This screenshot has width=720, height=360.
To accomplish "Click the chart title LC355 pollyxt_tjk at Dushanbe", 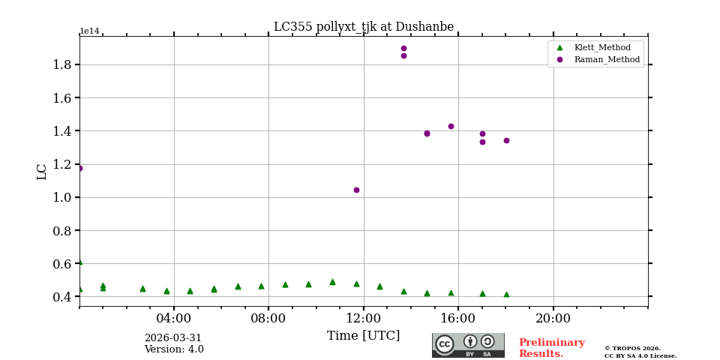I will [x=363, y=27].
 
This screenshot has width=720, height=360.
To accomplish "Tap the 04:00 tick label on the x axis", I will [x=174, y=318].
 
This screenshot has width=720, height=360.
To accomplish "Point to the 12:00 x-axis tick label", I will [x=363, y=318].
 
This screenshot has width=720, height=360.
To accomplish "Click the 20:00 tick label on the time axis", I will [x=553, y=318].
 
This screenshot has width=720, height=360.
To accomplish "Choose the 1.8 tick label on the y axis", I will [x=61, y=64].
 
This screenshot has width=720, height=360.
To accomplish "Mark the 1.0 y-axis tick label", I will [x=61, y=197].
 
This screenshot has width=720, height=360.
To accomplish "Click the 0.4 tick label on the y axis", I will [x=61, y=297].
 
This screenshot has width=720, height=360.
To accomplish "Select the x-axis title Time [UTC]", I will [x=363, y=336].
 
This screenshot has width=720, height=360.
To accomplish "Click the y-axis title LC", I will [x=42, y=172].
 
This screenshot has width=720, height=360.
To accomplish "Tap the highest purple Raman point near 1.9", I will [x=403, y=49].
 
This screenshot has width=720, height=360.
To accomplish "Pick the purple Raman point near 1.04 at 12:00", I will [x=356, y=190].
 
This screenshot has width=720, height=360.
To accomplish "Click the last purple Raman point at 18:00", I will [x=506, y=140].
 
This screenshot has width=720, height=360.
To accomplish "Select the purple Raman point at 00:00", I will [x=80, y=168].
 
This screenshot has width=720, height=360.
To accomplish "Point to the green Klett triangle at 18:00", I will [x=506, y=295].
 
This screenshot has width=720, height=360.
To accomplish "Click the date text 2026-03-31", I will [x=173, y=338].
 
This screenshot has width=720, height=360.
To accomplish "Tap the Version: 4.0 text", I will [x=173, y=349].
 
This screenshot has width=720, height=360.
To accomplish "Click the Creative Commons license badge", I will [x=468, y=345].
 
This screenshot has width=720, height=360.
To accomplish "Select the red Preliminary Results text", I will [x=551, y=348].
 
